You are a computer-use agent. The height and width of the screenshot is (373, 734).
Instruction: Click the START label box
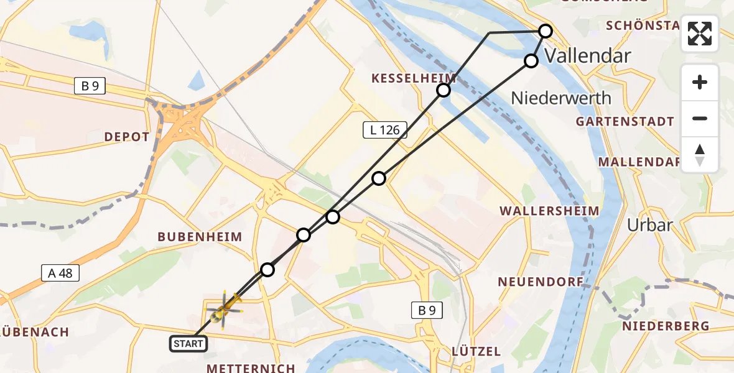pyautogui.click(x=188, y=343)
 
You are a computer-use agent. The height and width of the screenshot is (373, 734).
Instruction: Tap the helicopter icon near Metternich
pyautogui.click(x=223, y=308)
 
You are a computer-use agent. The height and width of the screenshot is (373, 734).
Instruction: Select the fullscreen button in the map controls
pyautogui.click(x=700, y=34)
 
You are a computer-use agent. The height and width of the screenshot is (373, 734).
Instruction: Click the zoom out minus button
pyautogui.click(x=700, y=118)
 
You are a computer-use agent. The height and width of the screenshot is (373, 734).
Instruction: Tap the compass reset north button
pyautogui.click(x=700, y=155)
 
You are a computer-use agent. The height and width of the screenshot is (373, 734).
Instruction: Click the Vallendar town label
pyautogui.click(x=588, y=56)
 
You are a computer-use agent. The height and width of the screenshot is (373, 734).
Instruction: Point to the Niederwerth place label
pyautogui.click(x=561, y=98)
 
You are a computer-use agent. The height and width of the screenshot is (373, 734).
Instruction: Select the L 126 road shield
pyautogui.click(x=385, y=129)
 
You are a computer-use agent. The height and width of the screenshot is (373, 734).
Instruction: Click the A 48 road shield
pyautogui.click(x=60, y=272)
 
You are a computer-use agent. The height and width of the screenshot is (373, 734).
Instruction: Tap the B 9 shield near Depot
pyautogui.click(x=90, y=86)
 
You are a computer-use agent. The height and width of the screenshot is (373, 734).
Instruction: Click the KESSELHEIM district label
pyautogui.click(x=414, y=78)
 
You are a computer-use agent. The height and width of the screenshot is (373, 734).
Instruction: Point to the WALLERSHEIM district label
pyautogui.click(x=550, y=211)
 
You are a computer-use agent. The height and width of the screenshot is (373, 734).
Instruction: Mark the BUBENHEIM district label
pyautogui.click(x=199, y=237)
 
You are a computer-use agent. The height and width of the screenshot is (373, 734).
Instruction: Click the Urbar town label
pyautogui.click(x=649, y=224)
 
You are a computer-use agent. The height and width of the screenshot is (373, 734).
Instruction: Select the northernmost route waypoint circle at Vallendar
pyautogui.click(x=545, y=30)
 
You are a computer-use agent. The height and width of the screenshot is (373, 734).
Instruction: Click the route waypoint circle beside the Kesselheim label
pyautogui.click(x=443, y=91)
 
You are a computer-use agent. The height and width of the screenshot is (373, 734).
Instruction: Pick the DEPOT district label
pyautogui.click(x=127, y=137)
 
